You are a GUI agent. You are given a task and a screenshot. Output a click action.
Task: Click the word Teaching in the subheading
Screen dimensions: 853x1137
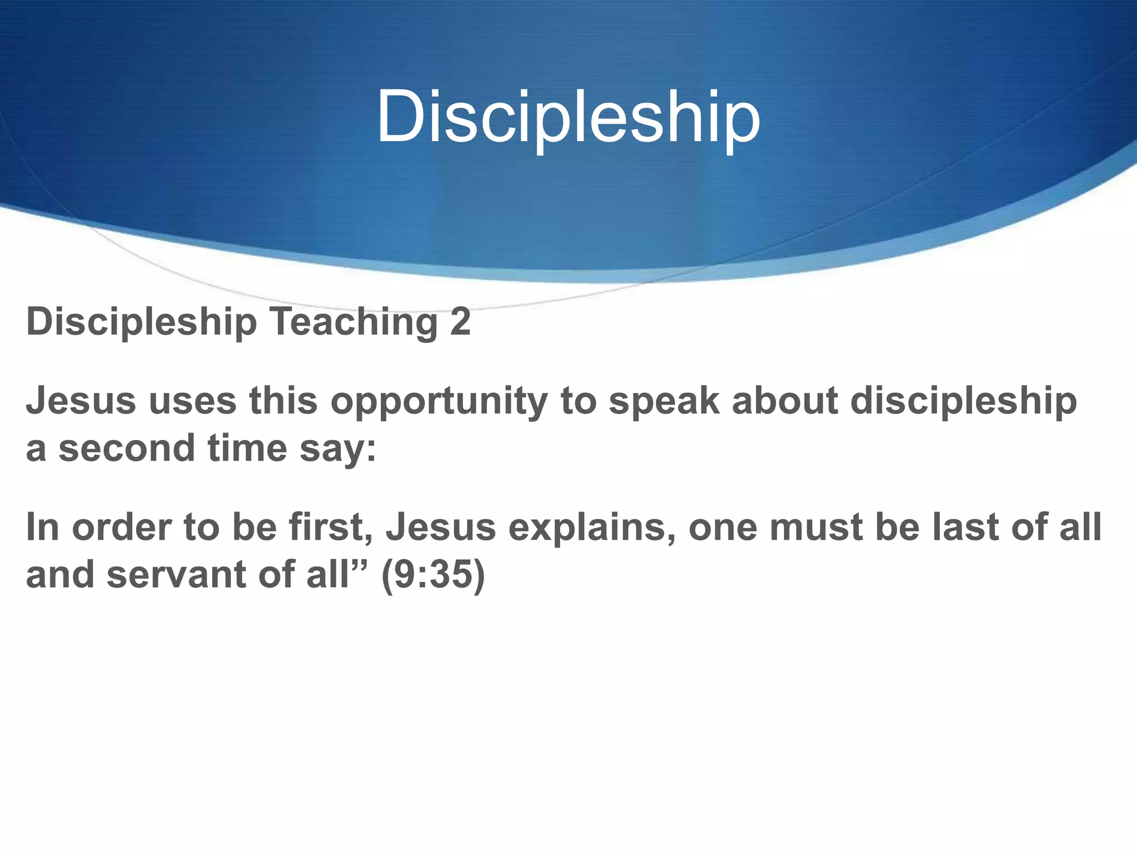354,322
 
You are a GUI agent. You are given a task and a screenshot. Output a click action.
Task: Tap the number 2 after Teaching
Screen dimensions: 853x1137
460,322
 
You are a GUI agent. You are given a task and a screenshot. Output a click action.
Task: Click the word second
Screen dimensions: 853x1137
127,448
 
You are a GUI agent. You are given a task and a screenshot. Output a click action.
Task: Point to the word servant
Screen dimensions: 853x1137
176,575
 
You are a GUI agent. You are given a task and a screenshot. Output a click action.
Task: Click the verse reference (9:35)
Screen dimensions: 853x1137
433,575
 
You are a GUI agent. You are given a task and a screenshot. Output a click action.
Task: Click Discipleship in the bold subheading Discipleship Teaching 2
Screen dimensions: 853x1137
142,323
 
